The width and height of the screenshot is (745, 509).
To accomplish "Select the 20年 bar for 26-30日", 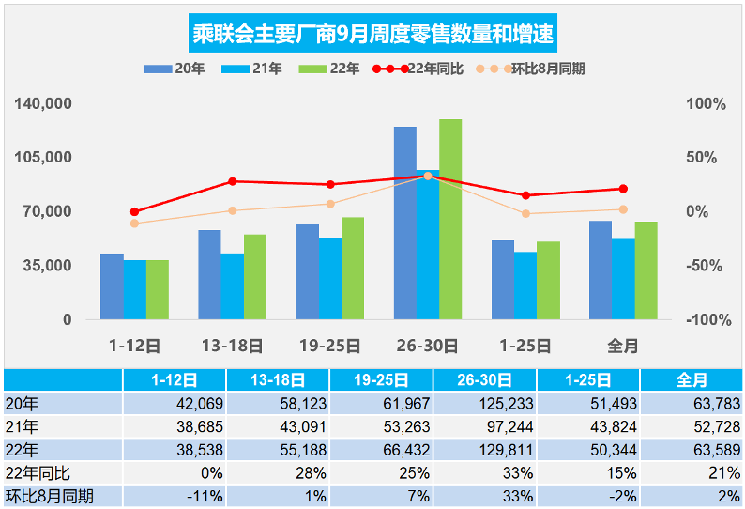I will tap(405, 223).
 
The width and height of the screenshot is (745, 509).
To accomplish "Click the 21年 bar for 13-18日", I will tap(232, 286).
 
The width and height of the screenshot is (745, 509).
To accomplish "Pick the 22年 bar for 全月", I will tap(646, 270).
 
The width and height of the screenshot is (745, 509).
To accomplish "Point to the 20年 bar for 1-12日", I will tap(112, 286).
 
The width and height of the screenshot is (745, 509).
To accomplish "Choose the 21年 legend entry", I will tap(252, 69).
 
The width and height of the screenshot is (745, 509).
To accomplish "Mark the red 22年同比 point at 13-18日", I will tap(233, 181).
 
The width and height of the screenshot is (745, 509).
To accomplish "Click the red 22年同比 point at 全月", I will tap(623, 189).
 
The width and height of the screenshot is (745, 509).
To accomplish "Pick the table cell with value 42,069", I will tap(174, 404).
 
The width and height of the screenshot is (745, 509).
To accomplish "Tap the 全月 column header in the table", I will tap(692, 380).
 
